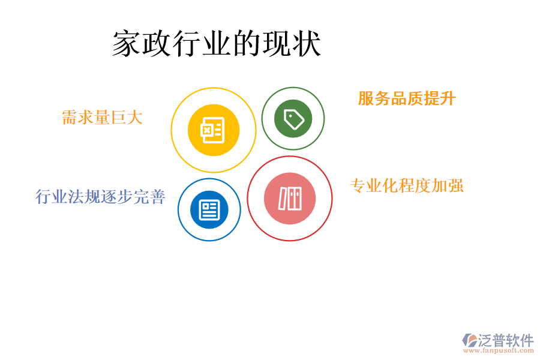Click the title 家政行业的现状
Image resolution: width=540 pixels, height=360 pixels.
click(217, 44)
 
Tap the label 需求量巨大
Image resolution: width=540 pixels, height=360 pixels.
click(103, 117)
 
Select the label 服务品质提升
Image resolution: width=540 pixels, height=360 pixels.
click(407, 98)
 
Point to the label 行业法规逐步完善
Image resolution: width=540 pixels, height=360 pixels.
click(100, 196)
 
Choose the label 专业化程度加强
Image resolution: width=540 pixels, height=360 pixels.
click(407, 185)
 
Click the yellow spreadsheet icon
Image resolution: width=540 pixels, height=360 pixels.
click(214, 130)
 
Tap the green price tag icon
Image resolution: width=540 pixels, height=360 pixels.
click(293, 119)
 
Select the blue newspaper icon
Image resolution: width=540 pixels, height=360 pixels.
click(209, 209)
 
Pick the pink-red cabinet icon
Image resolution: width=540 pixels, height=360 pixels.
click(290, 199)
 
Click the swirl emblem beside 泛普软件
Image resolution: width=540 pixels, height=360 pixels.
click(470, 341)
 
